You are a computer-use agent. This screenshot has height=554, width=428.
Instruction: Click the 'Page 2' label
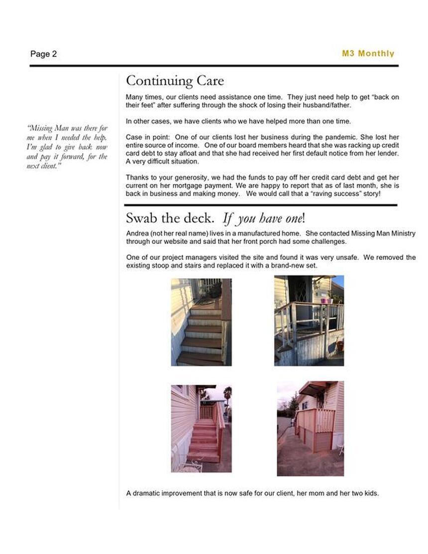43,54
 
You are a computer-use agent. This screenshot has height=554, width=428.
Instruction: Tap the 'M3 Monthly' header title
368,53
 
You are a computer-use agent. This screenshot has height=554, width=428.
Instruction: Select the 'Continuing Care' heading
175,81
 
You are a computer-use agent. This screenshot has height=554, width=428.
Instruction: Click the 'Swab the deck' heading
170,218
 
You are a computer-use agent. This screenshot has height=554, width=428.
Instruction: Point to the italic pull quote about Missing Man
67,147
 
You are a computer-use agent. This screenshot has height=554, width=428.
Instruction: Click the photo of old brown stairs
201,322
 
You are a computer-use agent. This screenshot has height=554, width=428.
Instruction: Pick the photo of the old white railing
309,321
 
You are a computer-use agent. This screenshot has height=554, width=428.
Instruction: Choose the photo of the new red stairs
201,428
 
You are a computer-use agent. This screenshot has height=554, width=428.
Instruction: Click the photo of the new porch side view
310,428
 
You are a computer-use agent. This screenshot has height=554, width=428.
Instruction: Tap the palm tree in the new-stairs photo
227,394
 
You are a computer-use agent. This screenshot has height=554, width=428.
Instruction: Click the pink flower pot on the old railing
326,300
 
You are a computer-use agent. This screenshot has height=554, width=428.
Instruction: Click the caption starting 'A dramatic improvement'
252,493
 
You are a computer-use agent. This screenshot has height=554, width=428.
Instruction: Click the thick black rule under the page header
214,66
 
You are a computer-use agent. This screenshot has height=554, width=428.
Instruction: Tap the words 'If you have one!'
263,218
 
